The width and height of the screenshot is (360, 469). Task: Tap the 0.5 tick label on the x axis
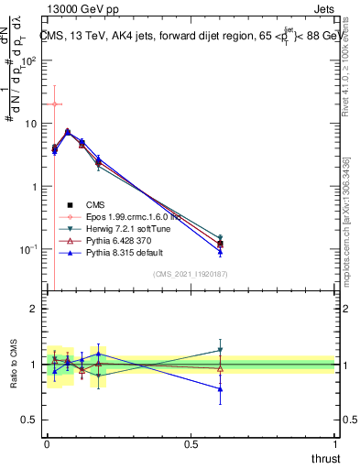191,444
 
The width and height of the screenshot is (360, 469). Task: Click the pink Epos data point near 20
55,104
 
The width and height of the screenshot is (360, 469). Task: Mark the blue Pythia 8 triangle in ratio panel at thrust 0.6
219,388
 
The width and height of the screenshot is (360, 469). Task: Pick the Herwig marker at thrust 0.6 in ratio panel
219,350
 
